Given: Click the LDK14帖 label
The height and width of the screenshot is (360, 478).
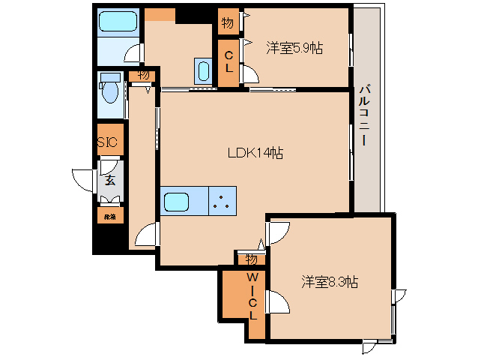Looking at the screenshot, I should [255, 152].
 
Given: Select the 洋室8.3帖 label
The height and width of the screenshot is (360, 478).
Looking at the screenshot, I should [330, 282].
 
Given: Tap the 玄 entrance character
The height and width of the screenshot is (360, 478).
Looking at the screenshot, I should [110, 180].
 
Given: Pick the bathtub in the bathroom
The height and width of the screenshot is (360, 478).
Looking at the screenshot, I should [118, 21].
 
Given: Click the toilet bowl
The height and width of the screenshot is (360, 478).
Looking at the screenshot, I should [110, 91].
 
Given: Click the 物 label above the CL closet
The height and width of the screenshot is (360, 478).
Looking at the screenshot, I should [227, 22].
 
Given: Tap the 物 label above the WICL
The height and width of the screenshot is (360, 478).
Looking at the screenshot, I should [251, 259].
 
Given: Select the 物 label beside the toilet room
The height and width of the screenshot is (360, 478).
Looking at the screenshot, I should [142, 75].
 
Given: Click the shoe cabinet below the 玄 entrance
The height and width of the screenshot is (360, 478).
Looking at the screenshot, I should [110, 216].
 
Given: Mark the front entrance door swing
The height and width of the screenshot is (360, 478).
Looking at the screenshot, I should [82, 178].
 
